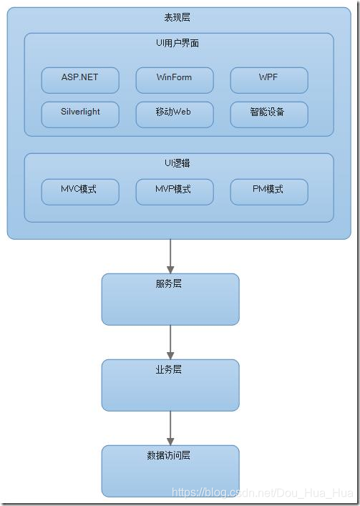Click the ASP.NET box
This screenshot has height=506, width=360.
tap(80, 80)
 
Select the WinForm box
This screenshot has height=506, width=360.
tap(175, 80)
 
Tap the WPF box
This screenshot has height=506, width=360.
tap(269, 80)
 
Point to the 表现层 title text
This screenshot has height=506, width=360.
tap(177, 17)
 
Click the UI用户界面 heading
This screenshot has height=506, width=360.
tap(177, 43)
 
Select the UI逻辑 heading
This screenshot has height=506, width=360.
tap(177, 163)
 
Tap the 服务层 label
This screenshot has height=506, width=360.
tap(170, 283)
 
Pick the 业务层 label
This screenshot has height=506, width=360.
tap(170, 369)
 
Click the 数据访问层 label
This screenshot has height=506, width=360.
tap(170, 455)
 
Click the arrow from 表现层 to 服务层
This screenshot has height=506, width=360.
tap(170, 256)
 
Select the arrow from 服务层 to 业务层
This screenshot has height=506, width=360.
tap(170, 342)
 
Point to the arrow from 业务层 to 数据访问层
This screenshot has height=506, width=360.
tap(170, 428)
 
